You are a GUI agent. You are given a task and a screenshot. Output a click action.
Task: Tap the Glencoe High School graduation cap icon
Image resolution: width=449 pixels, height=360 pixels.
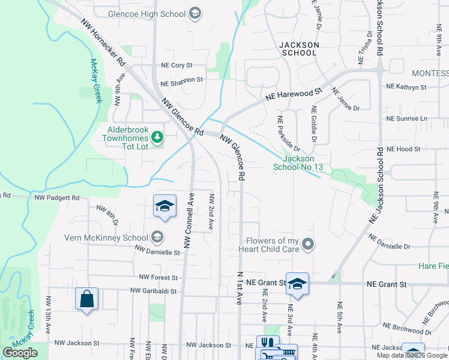194,13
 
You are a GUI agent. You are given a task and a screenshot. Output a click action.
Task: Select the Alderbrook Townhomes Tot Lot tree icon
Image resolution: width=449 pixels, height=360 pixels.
157,137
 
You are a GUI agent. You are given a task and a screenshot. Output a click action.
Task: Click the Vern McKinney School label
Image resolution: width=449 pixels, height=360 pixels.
106,238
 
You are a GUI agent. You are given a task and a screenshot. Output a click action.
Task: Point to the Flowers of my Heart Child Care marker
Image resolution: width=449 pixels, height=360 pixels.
308,244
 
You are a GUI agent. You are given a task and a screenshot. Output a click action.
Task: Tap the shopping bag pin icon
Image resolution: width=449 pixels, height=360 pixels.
86,299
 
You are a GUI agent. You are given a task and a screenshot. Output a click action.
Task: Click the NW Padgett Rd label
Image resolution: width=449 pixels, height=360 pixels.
57,197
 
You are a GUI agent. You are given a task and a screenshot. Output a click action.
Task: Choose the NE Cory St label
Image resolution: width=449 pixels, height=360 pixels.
176,65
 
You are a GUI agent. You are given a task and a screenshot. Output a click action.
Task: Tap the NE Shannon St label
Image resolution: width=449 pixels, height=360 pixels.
181,79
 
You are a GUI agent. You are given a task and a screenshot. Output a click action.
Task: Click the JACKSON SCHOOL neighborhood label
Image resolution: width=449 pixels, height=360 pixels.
298,49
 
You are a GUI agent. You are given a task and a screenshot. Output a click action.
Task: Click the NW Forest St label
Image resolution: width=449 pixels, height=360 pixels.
158,278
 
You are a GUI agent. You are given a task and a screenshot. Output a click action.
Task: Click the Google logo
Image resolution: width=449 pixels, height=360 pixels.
20,353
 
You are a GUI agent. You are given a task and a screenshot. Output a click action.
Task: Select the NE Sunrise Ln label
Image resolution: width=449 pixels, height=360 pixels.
407,118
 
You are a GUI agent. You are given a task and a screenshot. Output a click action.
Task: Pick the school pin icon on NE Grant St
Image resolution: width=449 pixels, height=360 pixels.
297,284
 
